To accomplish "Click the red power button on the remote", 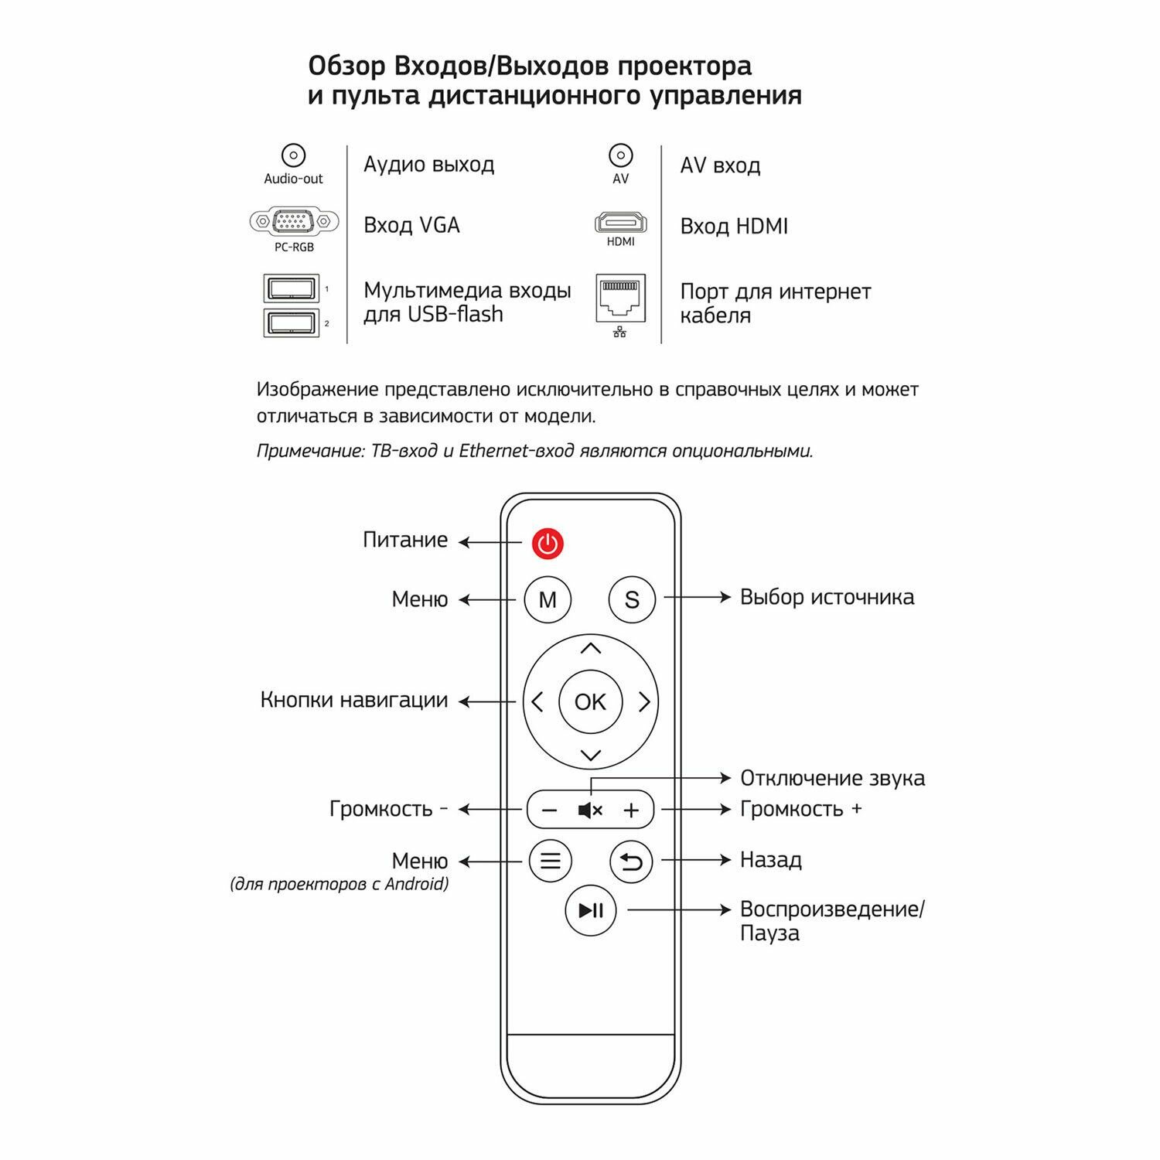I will pyautogui.click(x=548, y=544).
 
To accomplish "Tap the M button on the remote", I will pyautogui.click(x=548, y=599).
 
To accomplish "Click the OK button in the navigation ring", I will pyautogui.click(x=590, y=701).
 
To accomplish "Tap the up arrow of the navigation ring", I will pyautogui.click(x=591, y=649).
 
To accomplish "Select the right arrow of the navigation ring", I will pyautogui.click(x=644, y=701).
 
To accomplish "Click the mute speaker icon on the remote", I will pyautogui.click(x=590, y=810).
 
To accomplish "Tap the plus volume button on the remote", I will pyautogui.click(x=632, y=810).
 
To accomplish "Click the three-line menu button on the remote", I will pyautogui.click(x=550, y=861).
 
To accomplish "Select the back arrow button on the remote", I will pyautogui.click(x=631, y=861).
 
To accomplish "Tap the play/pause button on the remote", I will pyautogui.click(x=591, y=910).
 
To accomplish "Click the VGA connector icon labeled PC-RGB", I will pyautogui.click(x=294, y=222).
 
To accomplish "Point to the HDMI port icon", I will pyautogui.click(x=620, y=223).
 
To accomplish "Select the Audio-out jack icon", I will pyautogui.click(x=293, y=155).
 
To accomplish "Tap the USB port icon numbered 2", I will pyautogui.click(x=292, y=322).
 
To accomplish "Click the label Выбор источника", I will pyautogui.click(x=827, y=597).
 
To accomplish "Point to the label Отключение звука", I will pyautogui.click(x=832, y=778).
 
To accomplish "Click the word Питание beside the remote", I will pyautogui.click(x=405, y=540).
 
